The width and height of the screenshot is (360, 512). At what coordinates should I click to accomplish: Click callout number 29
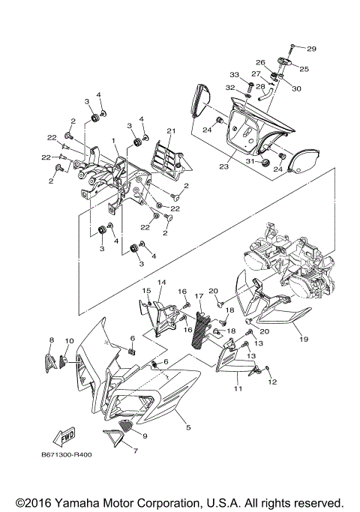[x=311, y=49]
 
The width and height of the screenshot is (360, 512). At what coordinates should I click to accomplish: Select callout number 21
[x=171, y=131]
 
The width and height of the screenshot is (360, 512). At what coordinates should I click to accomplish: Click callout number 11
[x=237, y=390]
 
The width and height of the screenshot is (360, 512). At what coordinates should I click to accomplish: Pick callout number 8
[x=52, y=340]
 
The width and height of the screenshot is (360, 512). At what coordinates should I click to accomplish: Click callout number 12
[x=273, y=382]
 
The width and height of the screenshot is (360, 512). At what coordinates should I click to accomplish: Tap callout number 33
[x=234, y=74]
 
